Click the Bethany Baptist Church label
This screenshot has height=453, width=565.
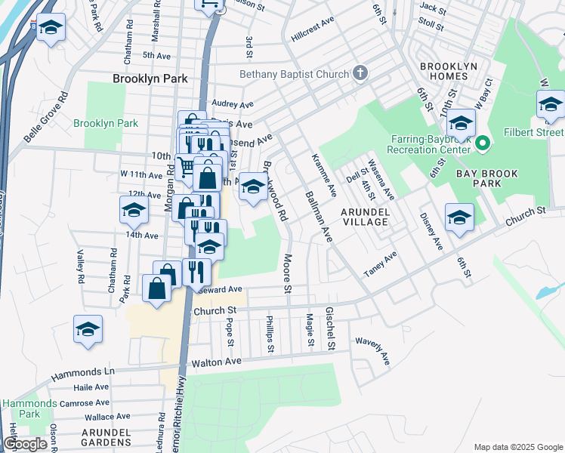point(294,74)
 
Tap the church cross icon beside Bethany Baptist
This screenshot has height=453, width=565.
point(360,73)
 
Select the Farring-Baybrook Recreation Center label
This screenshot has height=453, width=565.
point(431,143)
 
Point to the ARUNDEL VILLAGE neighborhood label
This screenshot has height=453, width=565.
point(364,217)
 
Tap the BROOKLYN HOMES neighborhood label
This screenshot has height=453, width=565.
point(449,72)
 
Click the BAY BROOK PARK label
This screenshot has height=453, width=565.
point(487,179)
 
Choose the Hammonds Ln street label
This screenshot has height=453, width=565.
point(82,373)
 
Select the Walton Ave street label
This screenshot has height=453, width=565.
point(216,362)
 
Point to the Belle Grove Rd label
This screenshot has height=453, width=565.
point(45,118)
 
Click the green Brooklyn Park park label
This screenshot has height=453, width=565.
point(106,123)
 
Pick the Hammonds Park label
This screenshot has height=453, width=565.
point(20,408)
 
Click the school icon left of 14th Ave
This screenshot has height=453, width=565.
point(134,211)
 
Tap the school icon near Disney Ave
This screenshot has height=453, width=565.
point(459,218)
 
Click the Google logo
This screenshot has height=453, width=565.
point(25,445)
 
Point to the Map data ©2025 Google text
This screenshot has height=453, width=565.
point(517,447)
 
